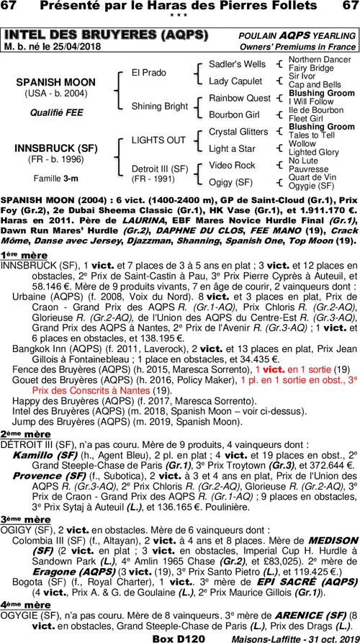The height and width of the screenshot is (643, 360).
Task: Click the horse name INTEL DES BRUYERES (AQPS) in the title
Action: (107, 35)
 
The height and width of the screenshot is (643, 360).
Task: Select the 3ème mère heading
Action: (21, 518)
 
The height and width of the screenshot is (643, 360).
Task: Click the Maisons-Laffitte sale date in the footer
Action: (295, 637)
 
